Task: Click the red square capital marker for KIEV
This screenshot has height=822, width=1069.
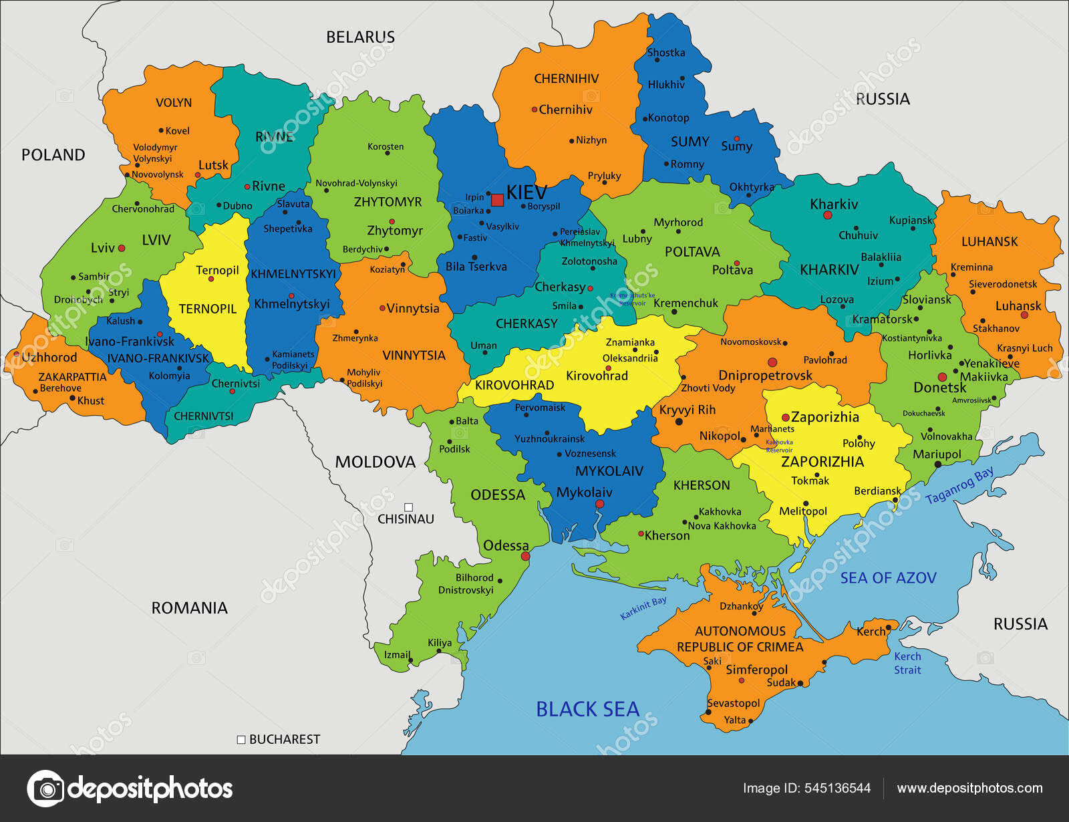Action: [x=497, y=200]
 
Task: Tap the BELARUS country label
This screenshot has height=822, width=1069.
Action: [x=360, y=37]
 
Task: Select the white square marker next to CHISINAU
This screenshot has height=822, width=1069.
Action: [x=409, y=507]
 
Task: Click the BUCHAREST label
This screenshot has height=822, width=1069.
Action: [x=285, y=739]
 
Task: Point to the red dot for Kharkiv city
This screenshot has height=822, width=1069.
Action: [x=827, y=215]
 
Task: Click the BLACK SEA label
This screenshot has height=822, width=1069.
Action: [x=587, y=709]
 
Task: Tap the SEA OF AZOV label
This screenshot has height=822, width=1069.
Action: [x=888, y=578]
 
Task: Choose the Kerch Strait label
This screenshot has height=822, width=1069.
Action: [x=907, y=663]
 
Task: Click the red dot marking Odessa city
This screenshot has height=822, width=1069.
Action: [x=525, y=556]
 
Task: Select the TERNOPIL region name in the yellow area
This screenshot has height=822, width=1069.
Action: [x=207, y=309]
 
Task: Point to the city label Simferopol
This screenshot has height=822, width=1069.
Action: [x=756, y=670]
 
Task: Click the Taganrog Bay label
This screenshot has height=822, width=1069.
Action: [x=959, y=486]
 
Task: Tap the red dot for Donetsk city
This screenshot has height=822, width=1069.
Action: [x=942, y=377]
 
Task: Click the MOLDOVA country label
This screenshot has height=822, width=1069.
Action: [x=375, y=462]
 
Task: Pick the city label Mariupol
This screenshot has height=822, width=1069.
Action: [x=937, y=454]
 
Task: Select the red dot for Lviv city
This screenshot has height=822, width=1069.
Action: [x=122, y=248]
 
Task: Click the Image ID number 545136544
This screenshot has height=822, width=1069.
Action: [x=837, y=789]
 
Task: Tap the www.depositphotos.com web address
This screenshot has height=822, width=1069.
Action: [x=969, y=789]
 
